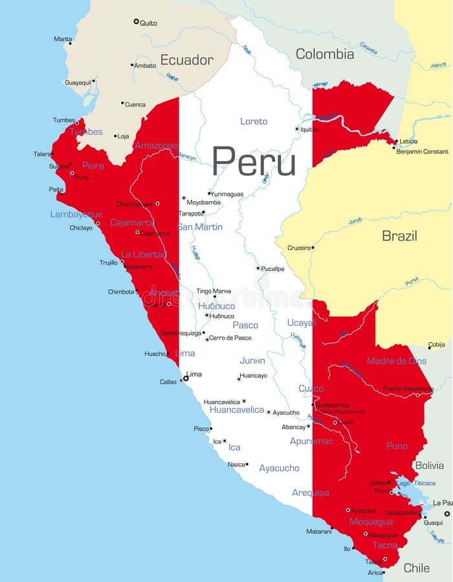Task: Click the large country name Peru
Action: pyautogui.click(x=254, y=162)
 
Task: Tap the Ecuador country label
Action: pyautogui.click(x=186, y=60)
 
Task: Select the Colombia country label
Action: pyautogui.click(x=325, y=54)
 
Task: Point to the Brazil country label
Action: pyautogui.click(x=399, y=235)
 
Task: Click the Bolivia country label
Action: pyautogui.click(x=429, y=465)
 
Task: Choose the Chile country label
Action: pyautogui.click(x=416, y=568)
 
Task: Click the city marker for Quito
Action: pyautogui.click(x=136, y=22)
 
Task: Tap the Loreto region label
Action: pyautogui.click(x=254, y=122)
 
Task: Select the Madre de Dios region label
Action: pyautogui.click(x=397, y=361)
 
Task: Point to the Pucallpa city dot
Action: pyautogui.click(x=258, y=268)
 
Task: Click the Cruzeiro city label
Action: pyautogui.click(x=298, y=248)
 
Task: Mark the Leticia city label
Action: pyautogui.click(x=408, y=142)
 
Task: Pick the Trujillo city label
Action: pyautogui.click(x=109, y=263)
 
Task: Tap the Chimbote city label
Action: pyautogui.click(x=121, y=292)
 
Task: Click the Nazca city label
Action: pyautogui.click(x=236, y=464)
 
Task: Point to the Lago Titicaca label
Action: pyautogui.click(x=415, y=483)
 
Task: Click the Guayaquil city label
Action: pyautogui.click(x=78, y=82)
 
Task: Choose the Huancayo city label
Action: pyautogui.click(x=253, y=375)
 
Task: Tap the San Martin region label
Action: pyautogui.click(x=200, y=227)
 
